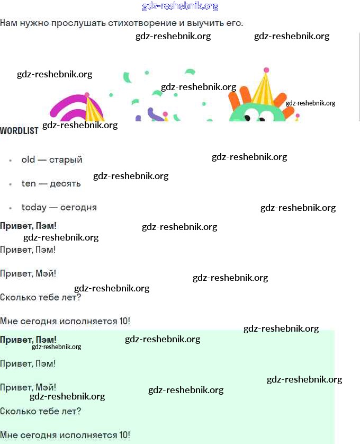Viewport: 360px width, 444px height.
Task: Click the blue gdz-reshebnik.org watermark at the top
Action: click(x=180, y=6)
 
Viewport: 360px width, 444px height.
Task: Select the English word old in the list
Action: click(x=28, y=159)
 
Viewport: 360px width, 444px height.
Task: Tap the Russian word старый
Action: click(x=66, y=159)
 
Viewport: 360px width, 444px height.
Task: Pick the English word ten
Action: click(x=29, y=183)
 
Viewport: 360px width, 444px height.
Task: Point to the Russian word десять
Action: click(x=65, y=183)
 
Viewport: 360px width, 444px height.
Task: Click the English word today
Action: click(x=33, y=207)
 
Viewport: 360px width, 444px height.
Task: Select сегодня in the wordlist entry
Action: click(x=78, y=207)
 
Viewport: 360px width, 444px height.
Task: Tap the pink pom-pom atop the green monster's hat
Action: click(x=266, y=70)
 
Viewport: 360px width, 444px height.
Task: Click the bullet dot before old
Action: click(x=11, y=160)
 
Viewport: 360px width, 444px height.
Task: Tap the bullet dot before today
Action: click(x=11, y=208)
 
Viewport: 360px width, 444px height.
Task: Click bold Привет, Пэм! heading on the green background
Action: click(x=28, y=340)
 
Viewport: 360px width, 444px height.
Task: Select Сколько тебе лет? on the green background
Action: click(x=40, y=411)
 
